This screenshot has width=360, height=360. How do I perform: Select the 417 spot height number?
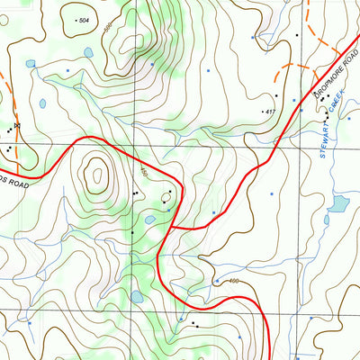click(x=268, y=112)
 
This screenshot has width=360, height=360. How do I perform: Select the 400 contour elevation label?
click(x=235, y=283)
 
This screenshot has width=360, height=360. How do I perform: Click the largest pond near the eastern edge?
click(x=338, y=204)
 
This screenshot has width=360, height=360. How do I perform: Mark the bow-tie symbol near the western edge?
click(x=16, y=126)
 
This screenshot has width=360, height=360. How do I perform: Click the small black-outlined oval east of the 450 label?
click(x=166, y=194)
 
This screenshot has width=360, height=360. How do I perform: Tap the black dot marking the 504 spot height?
click(x=76, y=19)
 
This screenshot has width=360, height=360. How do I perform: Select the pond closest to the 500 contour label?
click(x=87, y=51)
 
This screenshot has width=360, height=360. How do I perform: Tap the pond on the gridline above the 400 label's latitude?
click(x=137, y=294)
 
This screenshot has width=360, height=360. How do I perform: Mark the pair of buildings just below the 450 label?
click(x=135, y=192)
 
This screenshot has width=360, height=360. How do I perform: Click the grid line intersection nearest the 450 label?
click(x=136, y=144)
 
